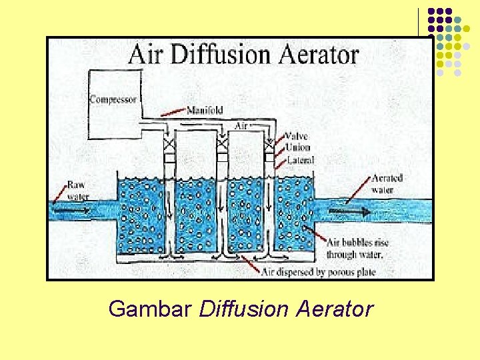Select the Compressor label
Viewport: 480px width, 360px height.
pyautogui.click(x=113, y=100)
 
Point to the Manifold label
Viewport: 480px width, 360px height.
pyautogui.click(x=205, y=110)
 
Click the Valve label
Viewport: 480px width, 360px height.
pyautogui.click(x=297, y=137)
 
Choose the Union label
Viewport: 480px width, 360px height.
pyautogui.click(x=297, y=148)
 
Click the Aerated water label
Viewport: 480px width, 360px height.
pyautogui.click(x=387, y=184)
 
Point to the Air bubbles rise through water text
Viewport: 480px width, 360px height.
pyautogui.click(x=354, y=249)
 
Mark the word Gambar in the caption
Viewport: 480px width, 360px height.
pyautogui.click(x=151, y=309)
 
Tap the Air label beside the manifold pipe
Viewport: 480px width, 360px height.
pyautogui.click(x=243, y=125)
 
